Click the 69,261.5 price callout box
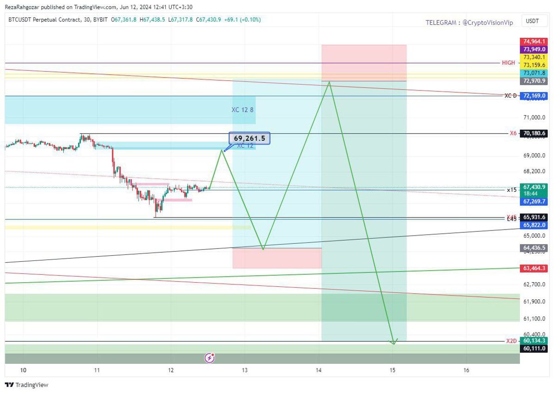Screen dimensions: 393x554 [x=249, y=138]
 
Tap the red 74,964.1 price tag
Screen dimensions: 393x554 [x=534, y=42]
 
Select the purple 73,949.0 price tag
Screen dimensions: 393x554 [x=534, y=49]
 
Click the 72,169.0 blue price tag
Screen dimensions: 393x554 [x=534, y=96]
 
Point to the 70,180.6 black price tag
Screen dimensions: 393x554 [x=534, y=133]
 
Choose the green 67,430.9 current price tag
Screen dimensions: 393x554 [x=534, y=187]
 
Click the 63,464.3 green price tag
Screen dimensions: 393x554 [x=534, y=268]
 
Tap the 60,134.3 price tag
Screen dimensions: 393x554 [x=534, y=341]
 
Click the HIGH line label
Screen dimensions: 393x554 [x=508, y=63]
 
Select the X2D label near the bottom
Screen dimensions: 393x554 [x=511, y=341]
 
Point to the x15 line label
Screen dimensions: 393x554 [x=512, y=190]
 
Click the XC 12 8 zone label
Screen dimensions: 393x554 [x=242, y=110]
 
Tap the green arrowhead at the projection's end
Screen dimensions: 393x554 [x=393, y=342]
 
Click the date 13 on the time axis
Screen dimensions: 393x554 [x=245, y=370]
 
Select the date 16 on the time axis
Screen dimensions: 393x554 [x=466, y=370]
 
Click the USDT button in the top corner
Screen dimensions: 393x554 [x=532, y=21]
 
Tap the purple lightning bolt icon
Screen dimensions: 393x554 [x=210, y=357]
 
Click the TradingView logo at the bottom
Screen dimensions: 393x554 [x=27, y=385]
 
